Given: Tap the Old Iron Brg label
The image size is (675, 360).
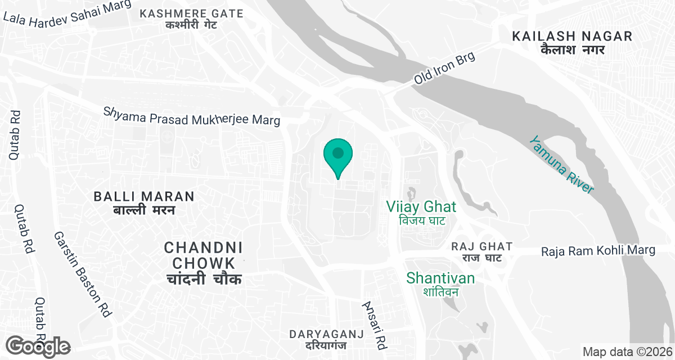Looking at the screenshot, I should pyautogui.click(x=444, y=69).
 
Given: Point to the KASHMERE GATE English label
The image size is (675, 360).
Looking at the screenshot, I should pyautogui.click(x=191, y=13).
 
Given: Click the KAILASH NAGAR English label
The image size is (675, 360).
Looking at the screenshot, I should pyautogui.click(x=572, y=37).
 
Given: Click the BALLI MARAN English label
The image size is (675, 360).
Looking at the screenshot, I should pyautogui.click(x=144, y=196).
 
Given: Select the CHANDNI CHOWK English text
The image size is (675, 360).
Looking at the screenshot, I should pyautogui.click(x=203, y=255).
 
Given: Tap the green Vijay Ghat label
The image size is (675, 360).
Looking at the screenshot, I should pyautogui.click(x=421, y=206).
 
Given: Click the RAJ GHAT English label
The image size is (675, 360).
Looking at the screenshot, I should pyautogui.click(x=482, y=246).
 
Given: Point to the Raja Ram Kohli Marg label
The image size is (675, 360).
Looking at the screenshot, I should pyautogui.click(x=598, y=250).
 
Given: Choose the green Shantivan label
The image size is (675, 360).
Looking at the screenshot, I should pyautogui.click(x=440, y=278).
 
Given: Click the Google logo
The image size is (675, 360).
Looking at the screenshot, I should pyautogui.click(x=38, y=346).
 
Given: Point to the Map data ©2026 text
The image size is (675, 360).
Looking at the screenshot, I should pyautogui.click(x=627, y=352).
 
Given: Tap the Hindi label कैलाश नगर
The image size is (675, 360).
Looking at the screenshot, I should pyautogui.click(x=572, y=49).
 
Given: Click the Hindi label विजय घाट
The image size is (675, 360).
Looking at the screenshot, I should pyautogui.click(x=422, y=220).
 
